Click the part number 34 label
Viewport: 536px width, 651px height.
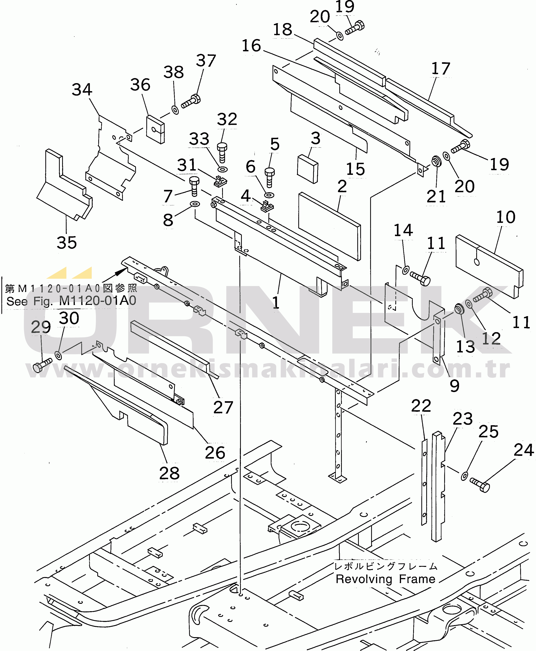point(82,90)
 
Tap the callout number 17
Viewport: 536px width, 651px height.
point(441,68)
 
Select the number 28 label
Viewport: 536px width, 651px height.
point(169,473)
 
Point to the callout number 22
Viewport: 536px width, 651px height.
point(421,406)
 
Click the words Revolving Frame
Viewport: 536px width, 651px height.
point(385,579)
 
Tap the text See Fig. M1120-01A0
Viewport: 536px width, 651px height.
point(71,301)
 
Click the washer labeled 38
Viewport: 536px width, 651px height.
point(175,110)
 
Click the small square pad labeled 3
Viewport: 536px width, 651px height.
point(307,169)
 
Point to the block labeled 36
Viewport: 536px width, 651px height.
point(155,130)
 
